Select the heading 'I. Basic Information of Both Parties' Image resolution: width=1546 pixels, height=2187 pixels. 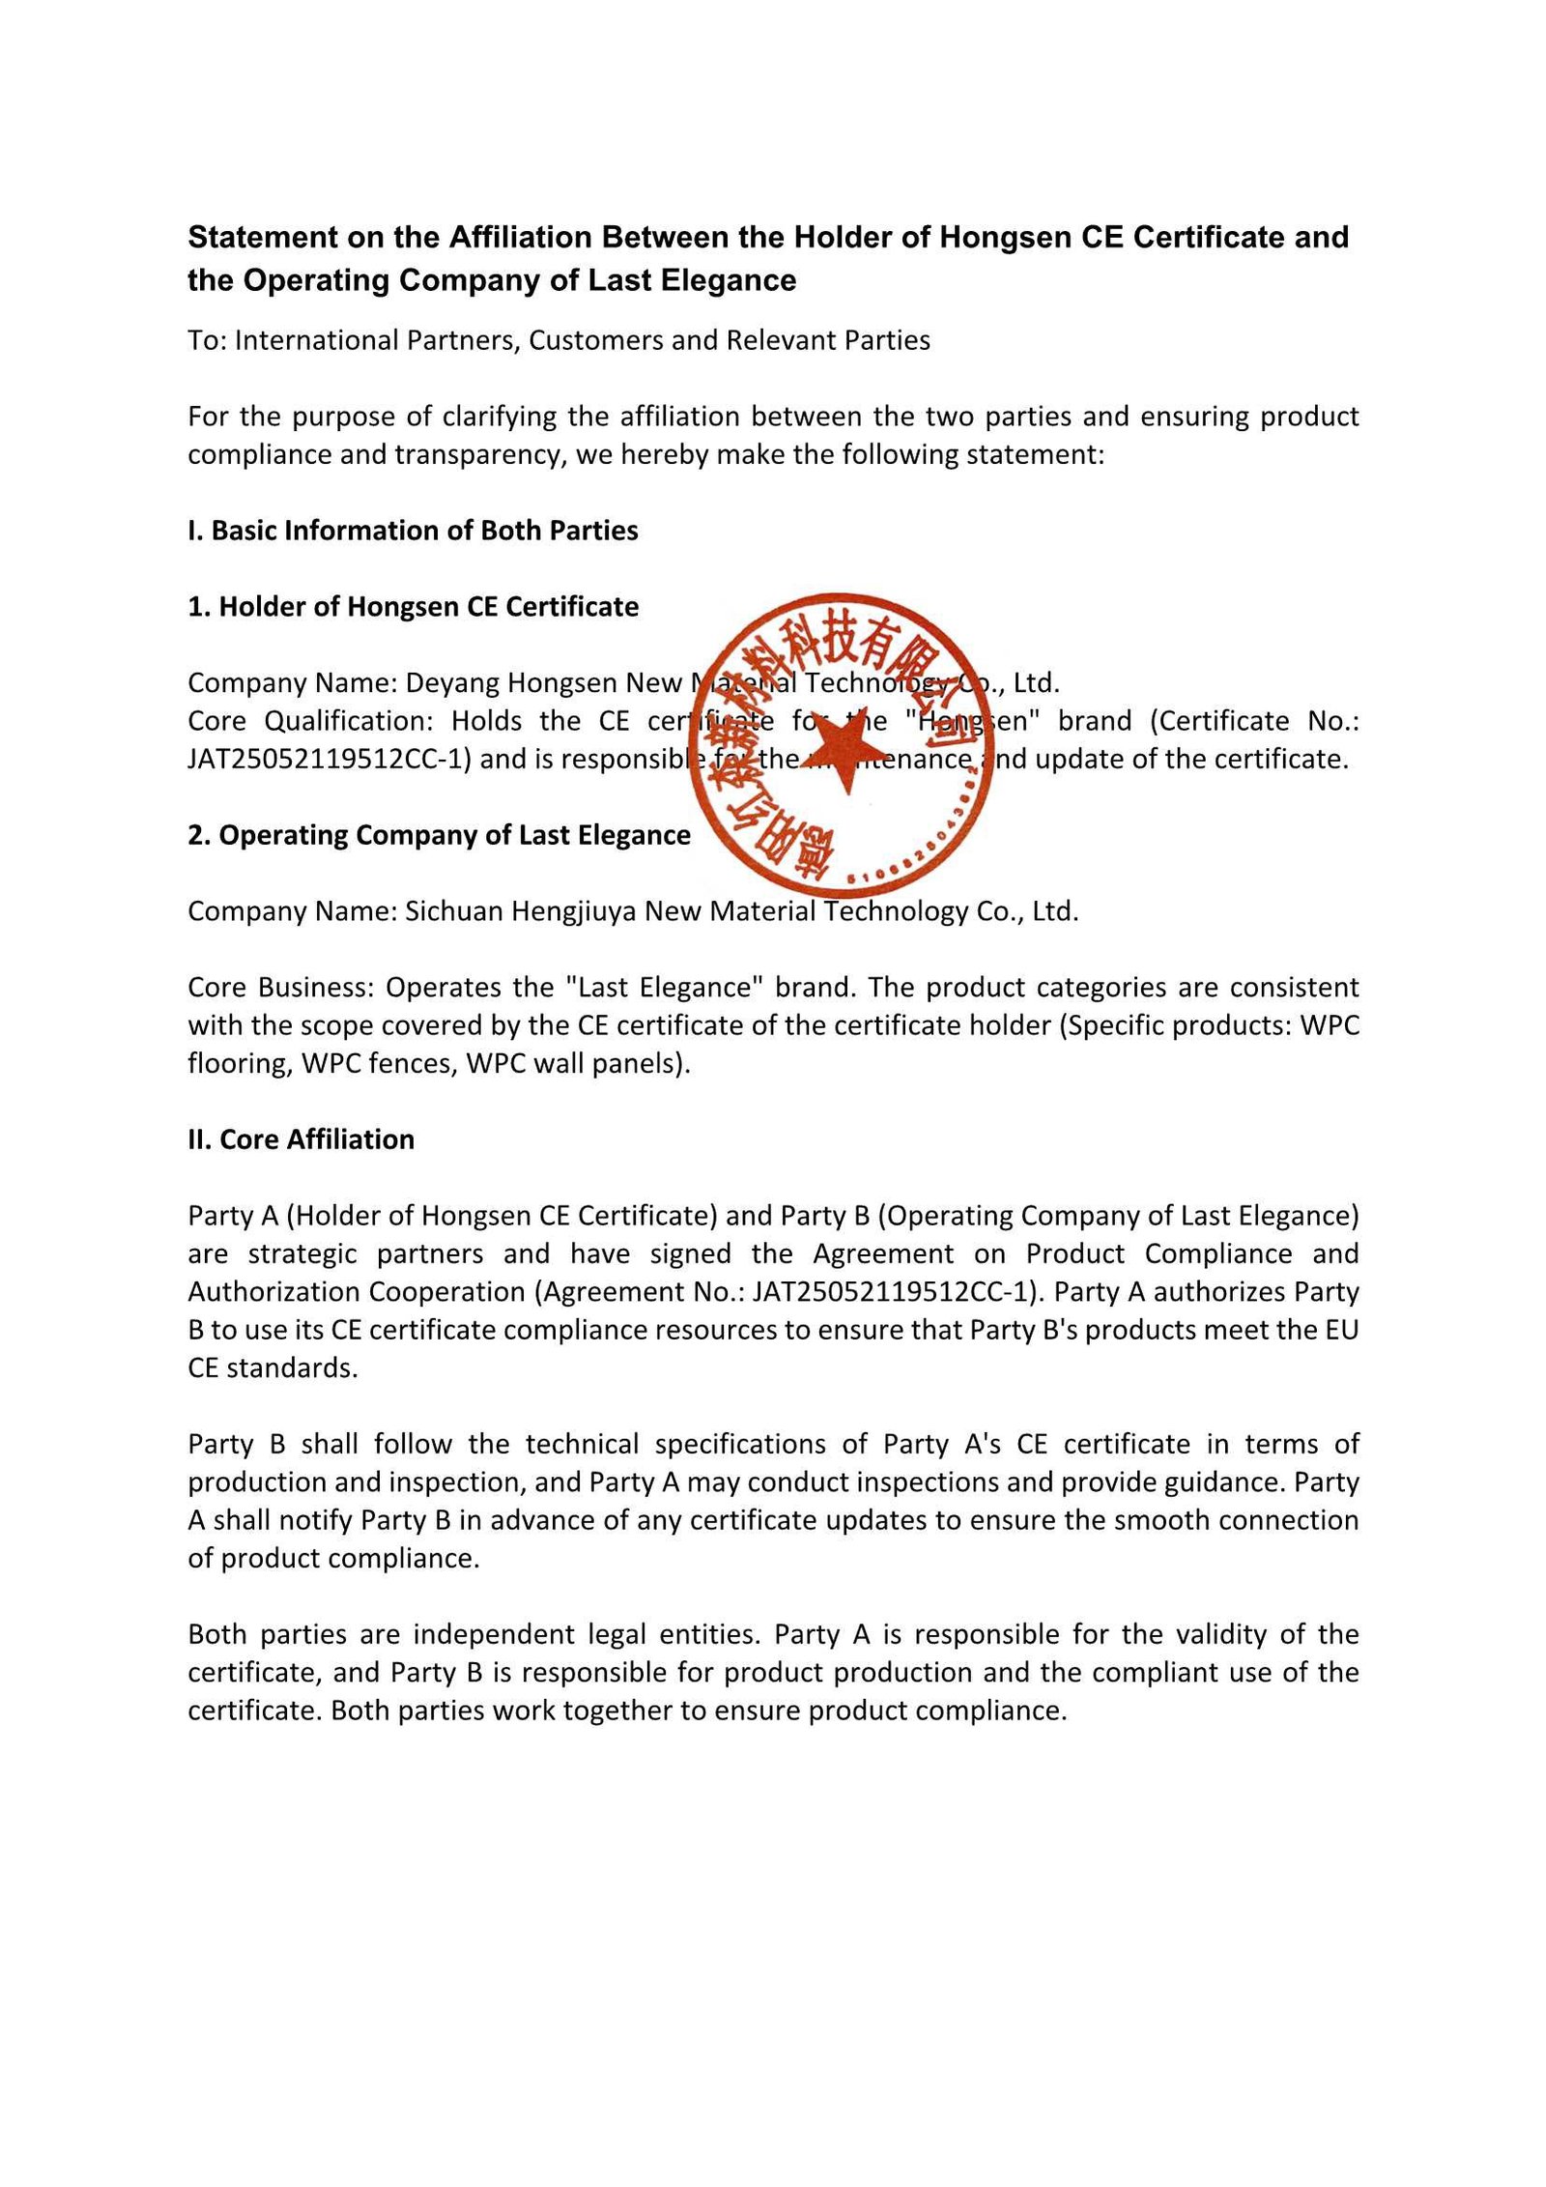[413, 531]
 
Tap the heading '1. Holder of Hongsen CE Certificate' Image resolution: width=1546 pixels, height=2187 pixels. [413, 607]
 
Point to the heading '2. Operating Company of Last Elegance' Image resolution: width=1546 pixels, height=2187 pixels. [439, 835]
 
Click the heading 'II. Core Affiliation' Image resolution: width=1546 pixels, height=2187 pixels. [301, 1139]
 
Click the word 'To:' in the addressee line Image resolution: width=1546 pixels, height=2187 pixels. [207, 340]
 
